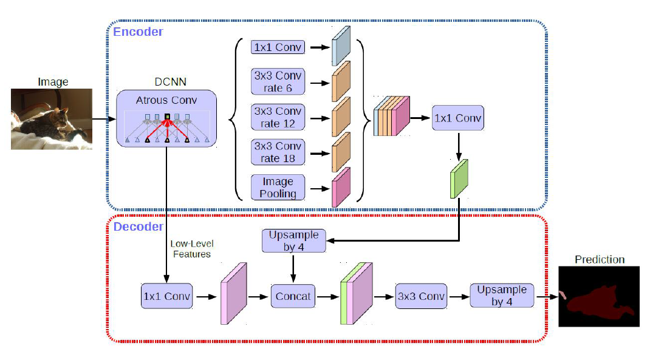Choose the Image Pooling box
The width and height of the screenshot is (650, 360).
(x=278, y=188)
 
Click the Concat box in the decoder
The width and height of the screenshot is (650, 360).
(x=293, y=296)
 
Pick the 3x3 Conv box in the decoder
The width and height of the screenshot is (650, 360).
(x=420, y=296)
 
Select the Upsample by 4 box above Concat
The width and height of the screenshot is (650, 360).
(x=293, y=240)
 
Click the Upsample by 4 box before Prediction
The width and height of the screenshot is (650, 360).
(x=502, y=296)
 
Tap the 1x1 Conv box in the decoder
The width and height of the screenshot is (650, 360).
(x=166, y=297)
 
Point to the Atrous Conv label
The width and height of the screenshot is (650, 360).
(x=166, y=100)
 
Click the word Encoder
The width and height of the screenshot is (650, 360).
(x=138, y=32)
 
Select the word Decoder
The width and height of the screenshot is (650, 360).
(x=138, y=227)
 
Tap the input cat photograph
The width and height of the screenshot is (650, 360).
(x=52, y=119)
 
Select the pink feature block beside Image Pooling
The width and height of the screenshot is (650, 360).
(x=341, y=187)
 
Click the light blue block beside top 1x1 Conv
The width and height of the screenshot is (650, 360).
(x=341, y=46)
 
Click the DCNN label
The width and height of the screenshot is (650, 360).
(x=166, y=83)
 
